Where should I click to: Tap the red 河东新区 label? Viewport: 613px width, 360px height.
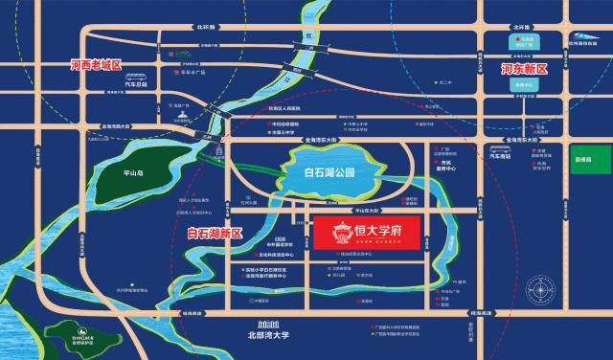(x=524, y=70)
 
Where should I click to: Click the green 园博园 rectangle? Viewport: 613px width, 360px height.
(x=582, y=158)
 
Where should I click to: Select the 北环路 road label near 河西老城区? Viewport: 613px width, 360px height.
(x=204, y=29)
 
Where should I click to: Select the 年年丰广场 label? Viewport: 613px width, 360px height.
(x=196, y=71)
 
